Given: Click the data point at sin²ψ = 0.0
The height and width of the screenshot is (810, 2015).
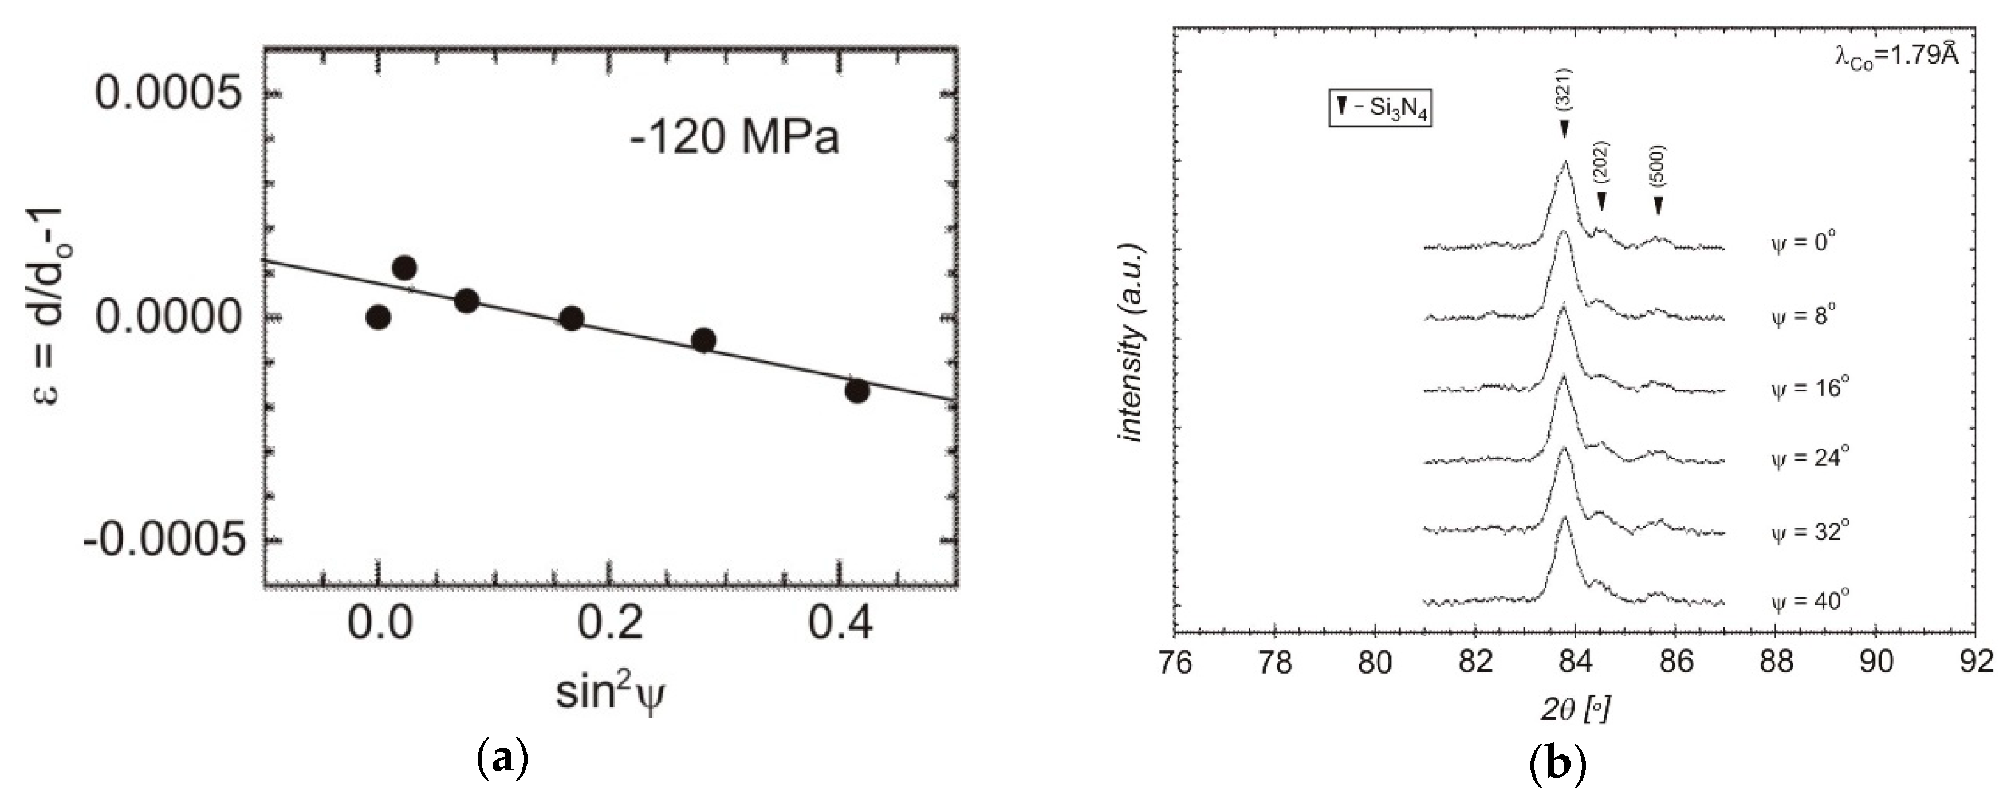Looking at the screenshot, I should tap(378, 317).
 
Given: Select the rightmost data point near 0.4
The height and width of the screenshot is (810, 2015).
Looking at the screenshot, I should tap(857, 391).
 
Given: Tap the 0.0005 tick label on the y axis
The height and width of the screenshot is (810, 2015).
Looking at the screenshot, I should tap(167, 95).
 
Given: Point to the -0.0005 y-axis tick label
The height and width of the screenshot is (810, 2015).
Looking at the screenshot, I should tap(163, 541).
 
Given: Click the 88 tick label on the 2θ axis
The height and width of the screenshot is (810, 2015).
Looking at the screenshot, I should tap(1775, 663).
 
